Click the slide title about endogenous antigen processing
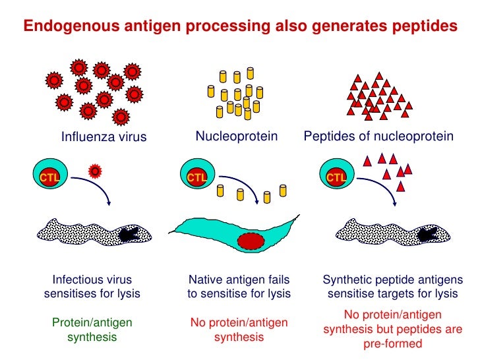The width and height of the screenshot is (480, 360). point(240,26)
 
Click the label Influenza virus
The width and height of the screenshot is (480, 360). point(104,137)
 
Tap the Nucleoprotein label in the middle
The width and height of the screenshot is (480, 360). point(236,136)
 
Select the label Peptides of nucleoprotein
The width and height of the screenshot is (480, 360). point(378,136)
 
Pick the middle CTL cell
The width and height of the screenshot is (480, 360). point(196,177)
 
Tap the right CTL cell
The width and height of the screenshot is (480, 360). point(337,177)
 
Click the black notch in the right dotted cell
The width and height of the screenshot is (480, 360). point(429,233)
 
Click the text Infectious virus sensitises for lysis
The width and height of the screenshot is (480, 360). point(92,287)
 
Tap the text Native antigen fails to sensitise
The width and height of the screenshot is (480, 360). point(239,287)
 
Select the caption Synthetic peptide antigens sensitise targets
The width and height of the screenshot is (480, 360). point(392,287)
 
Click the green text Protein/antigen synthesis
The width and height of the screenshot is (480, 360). point(92,330)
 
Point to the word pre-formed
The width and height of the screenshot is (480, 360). point(392,344)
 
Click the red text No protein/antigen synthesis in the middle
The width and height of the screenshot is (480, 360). point(239,330)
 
